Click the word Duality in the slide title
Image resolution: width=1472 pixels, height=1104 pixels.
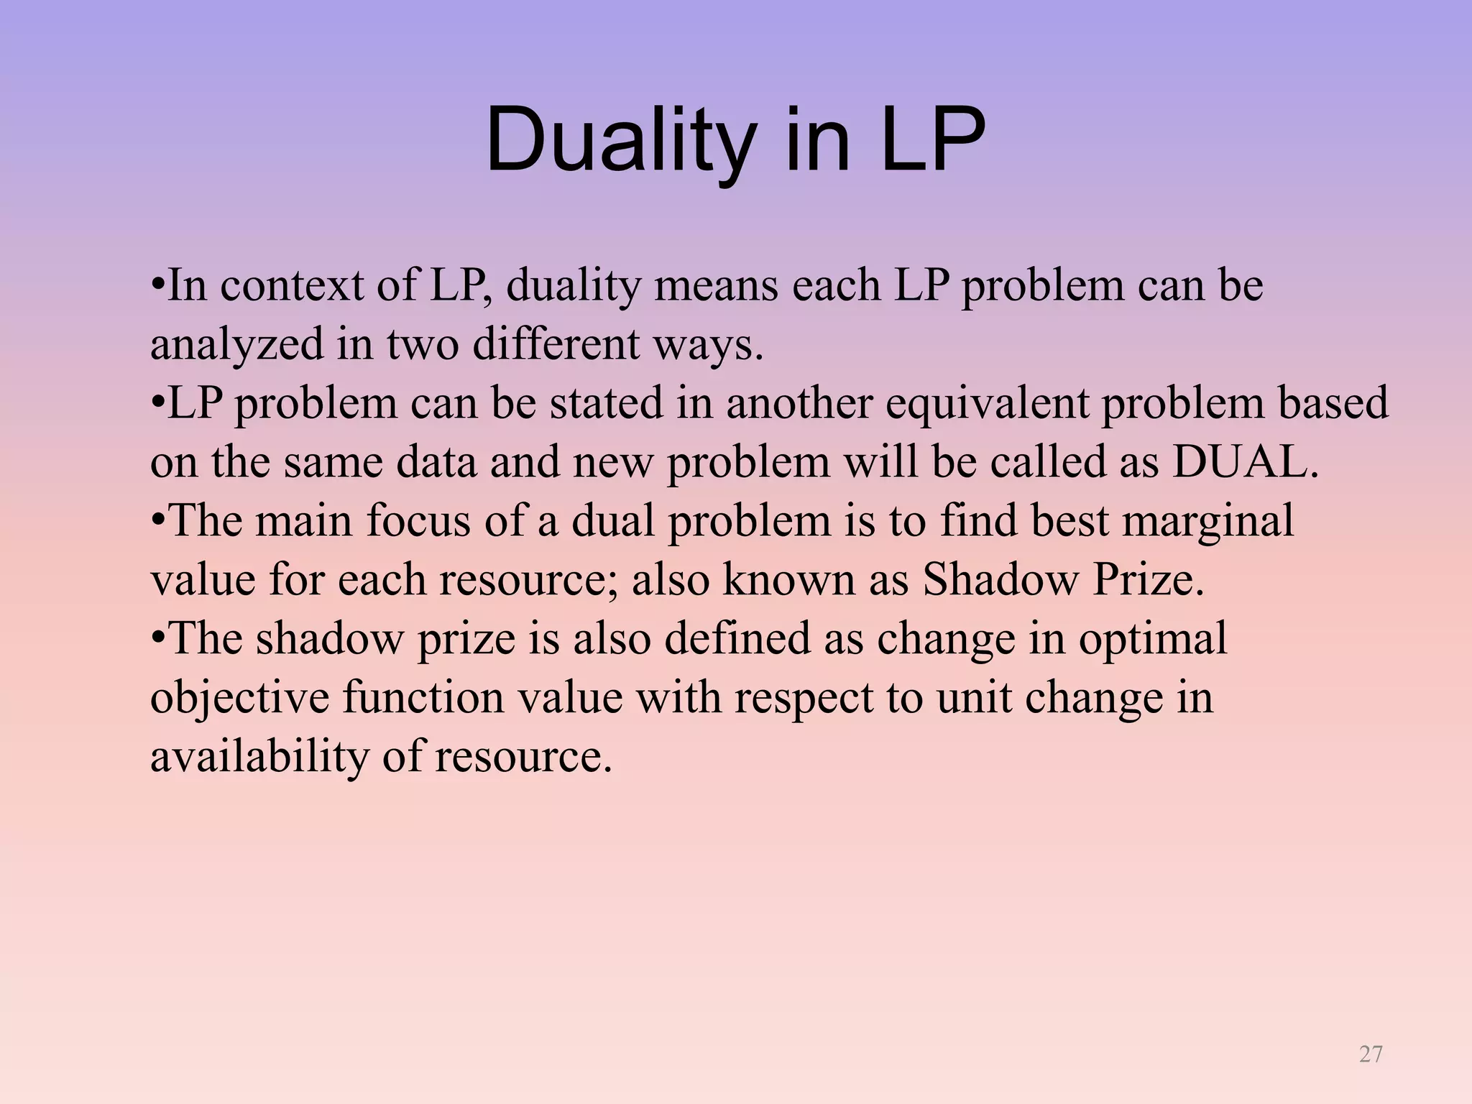click(621, 140)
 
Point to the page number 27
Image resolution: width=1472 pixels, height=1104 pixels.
click(1371, 1054)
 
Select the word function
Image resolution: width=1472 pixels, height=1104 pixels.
click(423, 697)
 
